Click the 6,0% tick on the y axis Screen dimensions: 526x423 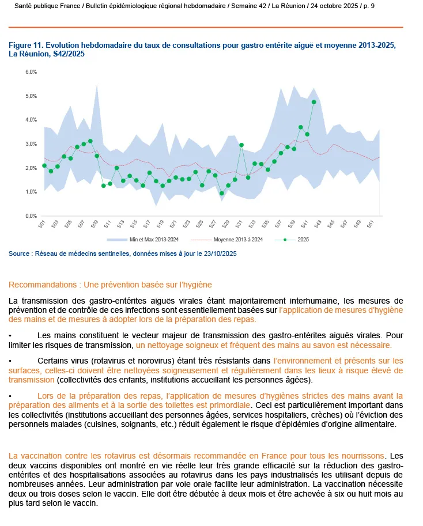click(x=31, y=72)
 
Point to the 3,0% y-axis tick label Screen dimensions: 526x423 click(x=31, y=144)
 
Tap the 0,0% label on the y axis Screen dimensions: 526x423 click(x=31, y=216)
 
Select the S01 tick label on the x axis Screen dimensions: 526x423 click(x=41, y=225)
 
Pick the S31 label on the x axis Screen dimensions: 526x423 click(x=239, y=225)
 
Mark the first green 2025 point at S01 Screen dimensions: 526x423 click(x=44, y=166)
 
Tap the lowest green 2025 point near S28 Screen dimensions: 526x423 click(x=222, y=194)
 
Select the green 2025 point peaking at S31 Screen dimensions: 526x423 click(x=241, y=145)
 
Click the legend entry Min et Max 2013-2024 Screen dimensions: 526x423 click(x=151, y=239)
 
